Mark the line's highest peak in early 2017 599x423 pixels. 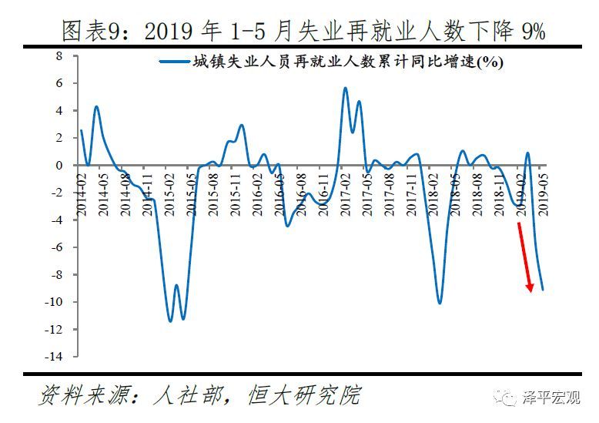345,88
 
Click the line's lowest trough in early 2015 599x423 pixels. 171,321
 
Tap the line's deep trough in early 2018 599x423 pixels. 440,303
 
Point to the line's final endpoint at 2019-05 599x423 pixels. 544,290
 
